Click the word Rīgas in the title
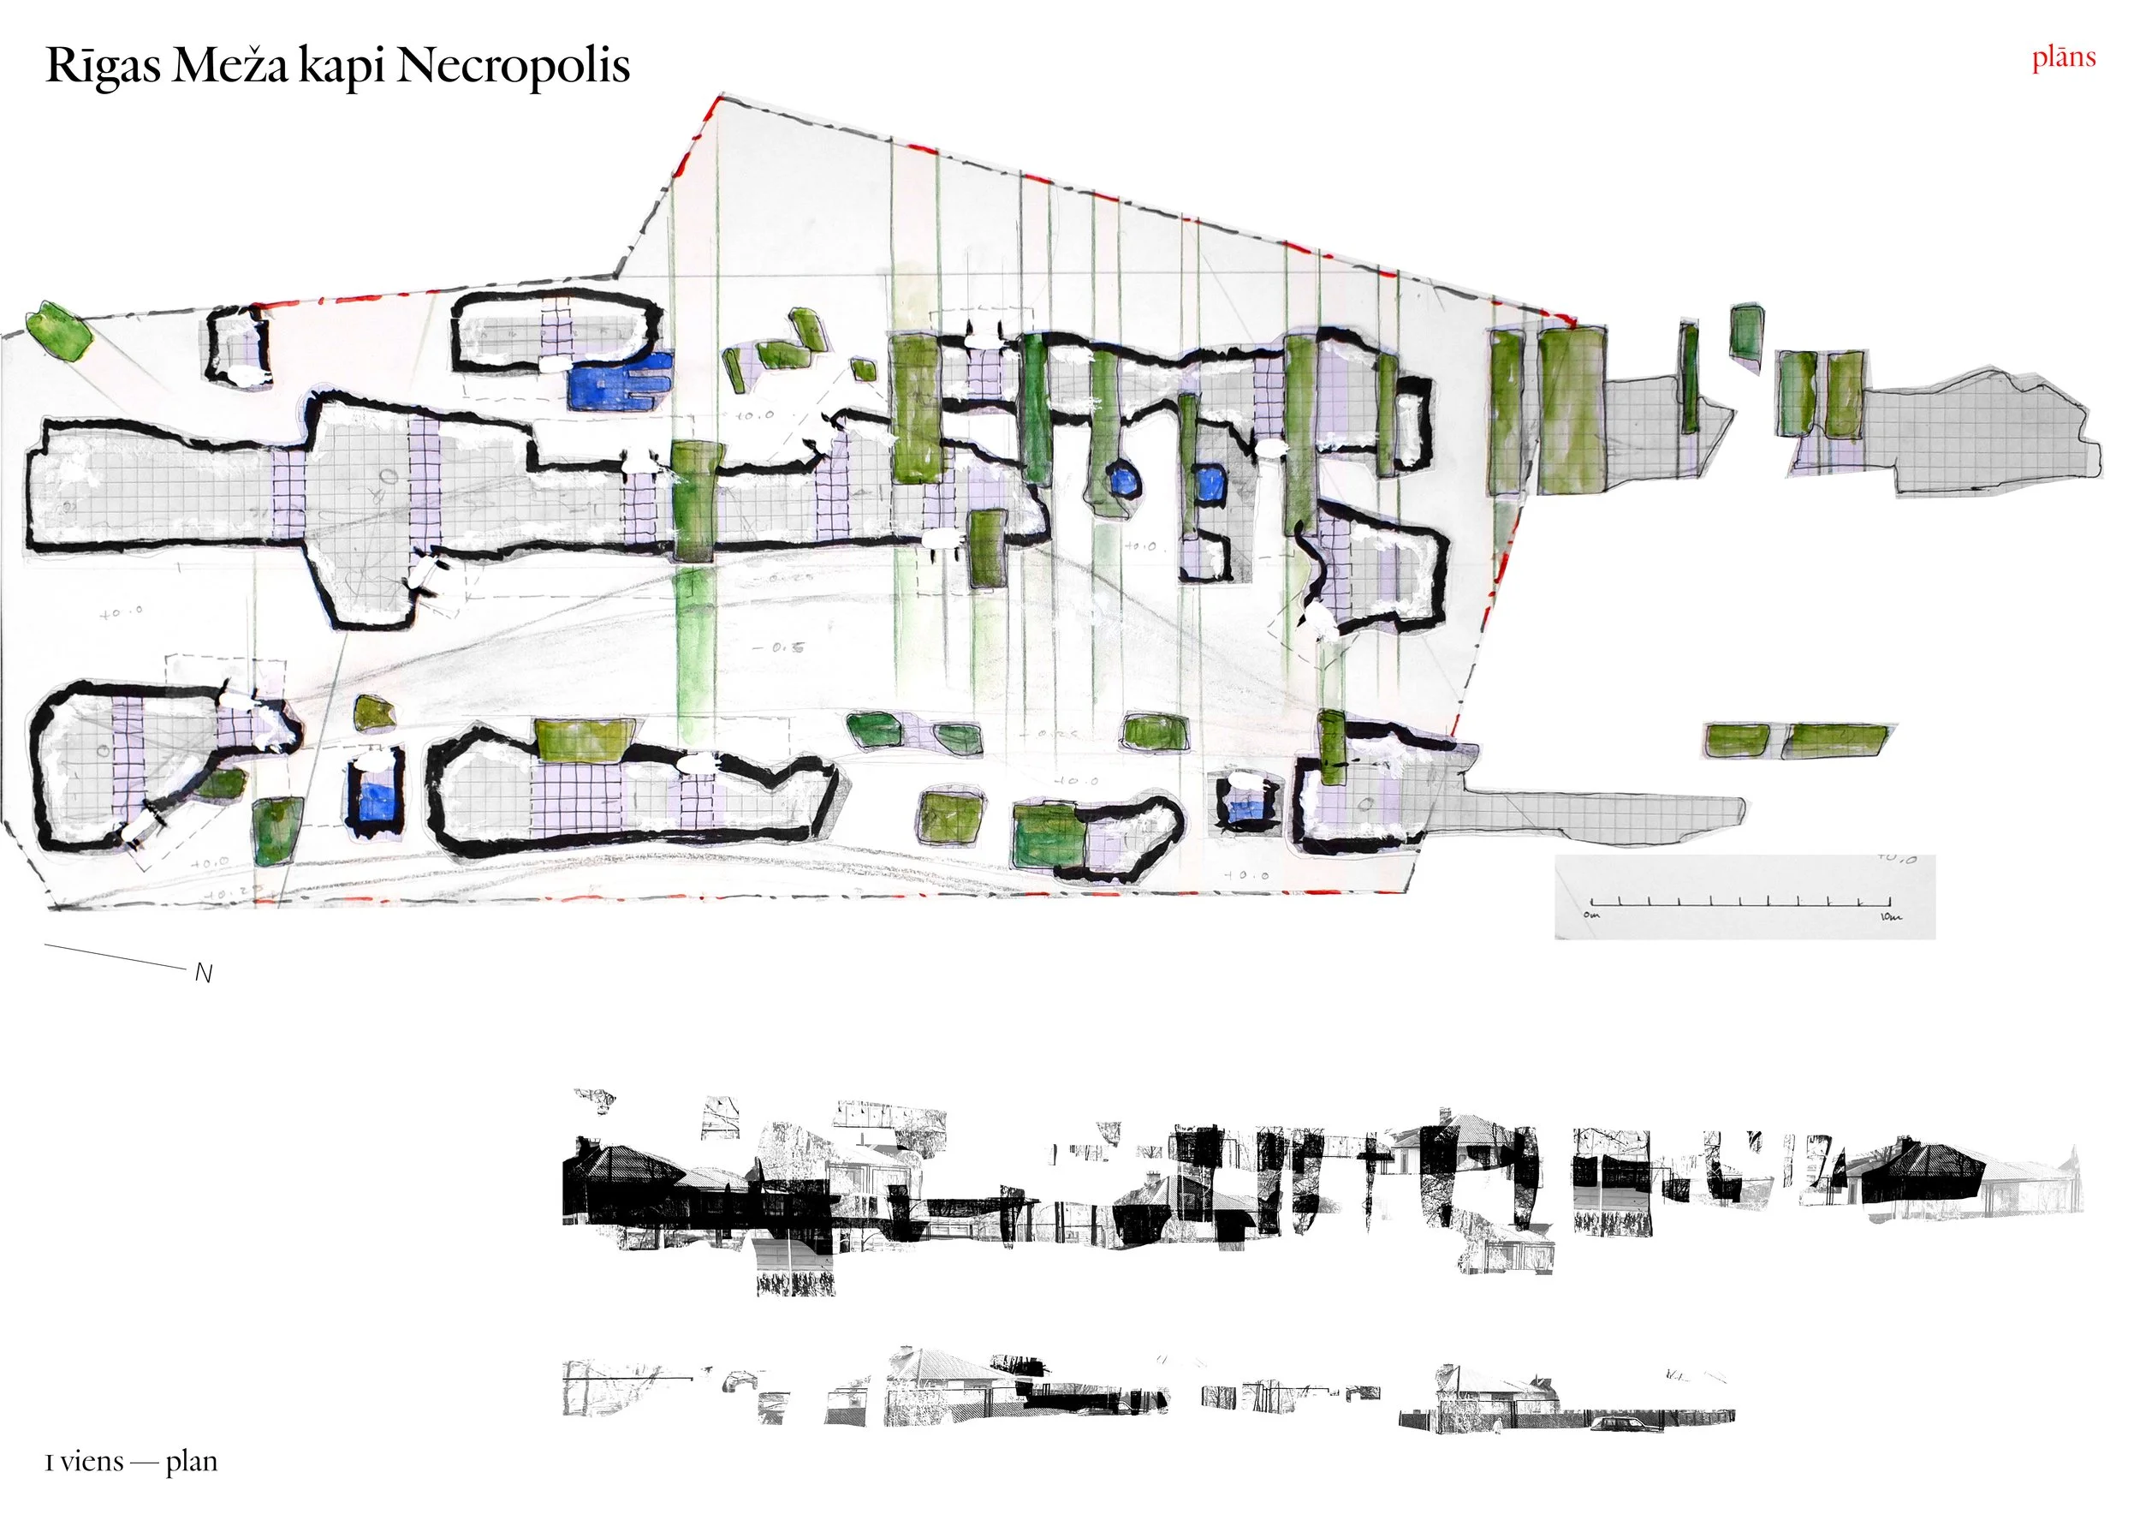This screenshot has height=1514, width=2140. [103, 66]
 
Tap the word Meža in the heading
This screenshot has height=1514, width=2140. [229, 66]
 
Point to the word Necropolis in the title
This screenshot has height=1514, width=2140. [514, 66]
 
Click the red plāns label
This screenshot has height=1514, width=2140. [2064, 57]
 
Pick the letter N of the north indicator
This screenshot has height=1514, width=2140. [204, 974]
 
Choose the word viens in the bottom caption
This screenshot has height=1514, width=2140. [92, 1461]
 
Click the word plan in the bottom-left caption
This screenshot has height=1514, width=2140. [191, 1461]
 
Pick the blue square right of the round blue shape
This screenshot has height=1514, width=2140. [1210, 483]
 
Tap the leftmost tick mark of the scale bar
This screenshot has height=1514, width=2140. [1592, 902]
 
